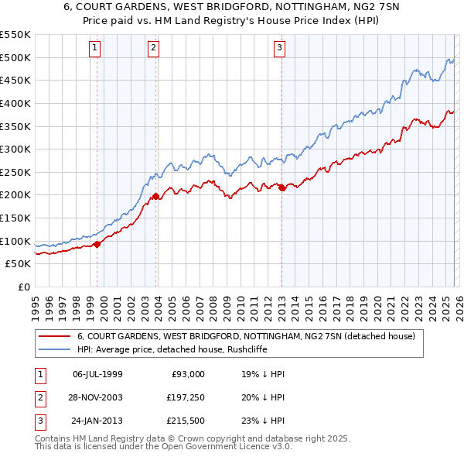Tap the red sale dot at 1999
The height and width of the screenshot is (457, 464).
tap(97, 244)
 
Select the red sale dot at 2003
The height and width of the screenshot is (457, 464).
tap(156, 196)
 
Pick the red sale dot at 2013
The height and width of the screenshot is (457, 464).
tap(281, 187)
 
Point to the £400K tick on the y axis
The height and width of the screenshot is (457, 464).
tap(15, 103)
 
